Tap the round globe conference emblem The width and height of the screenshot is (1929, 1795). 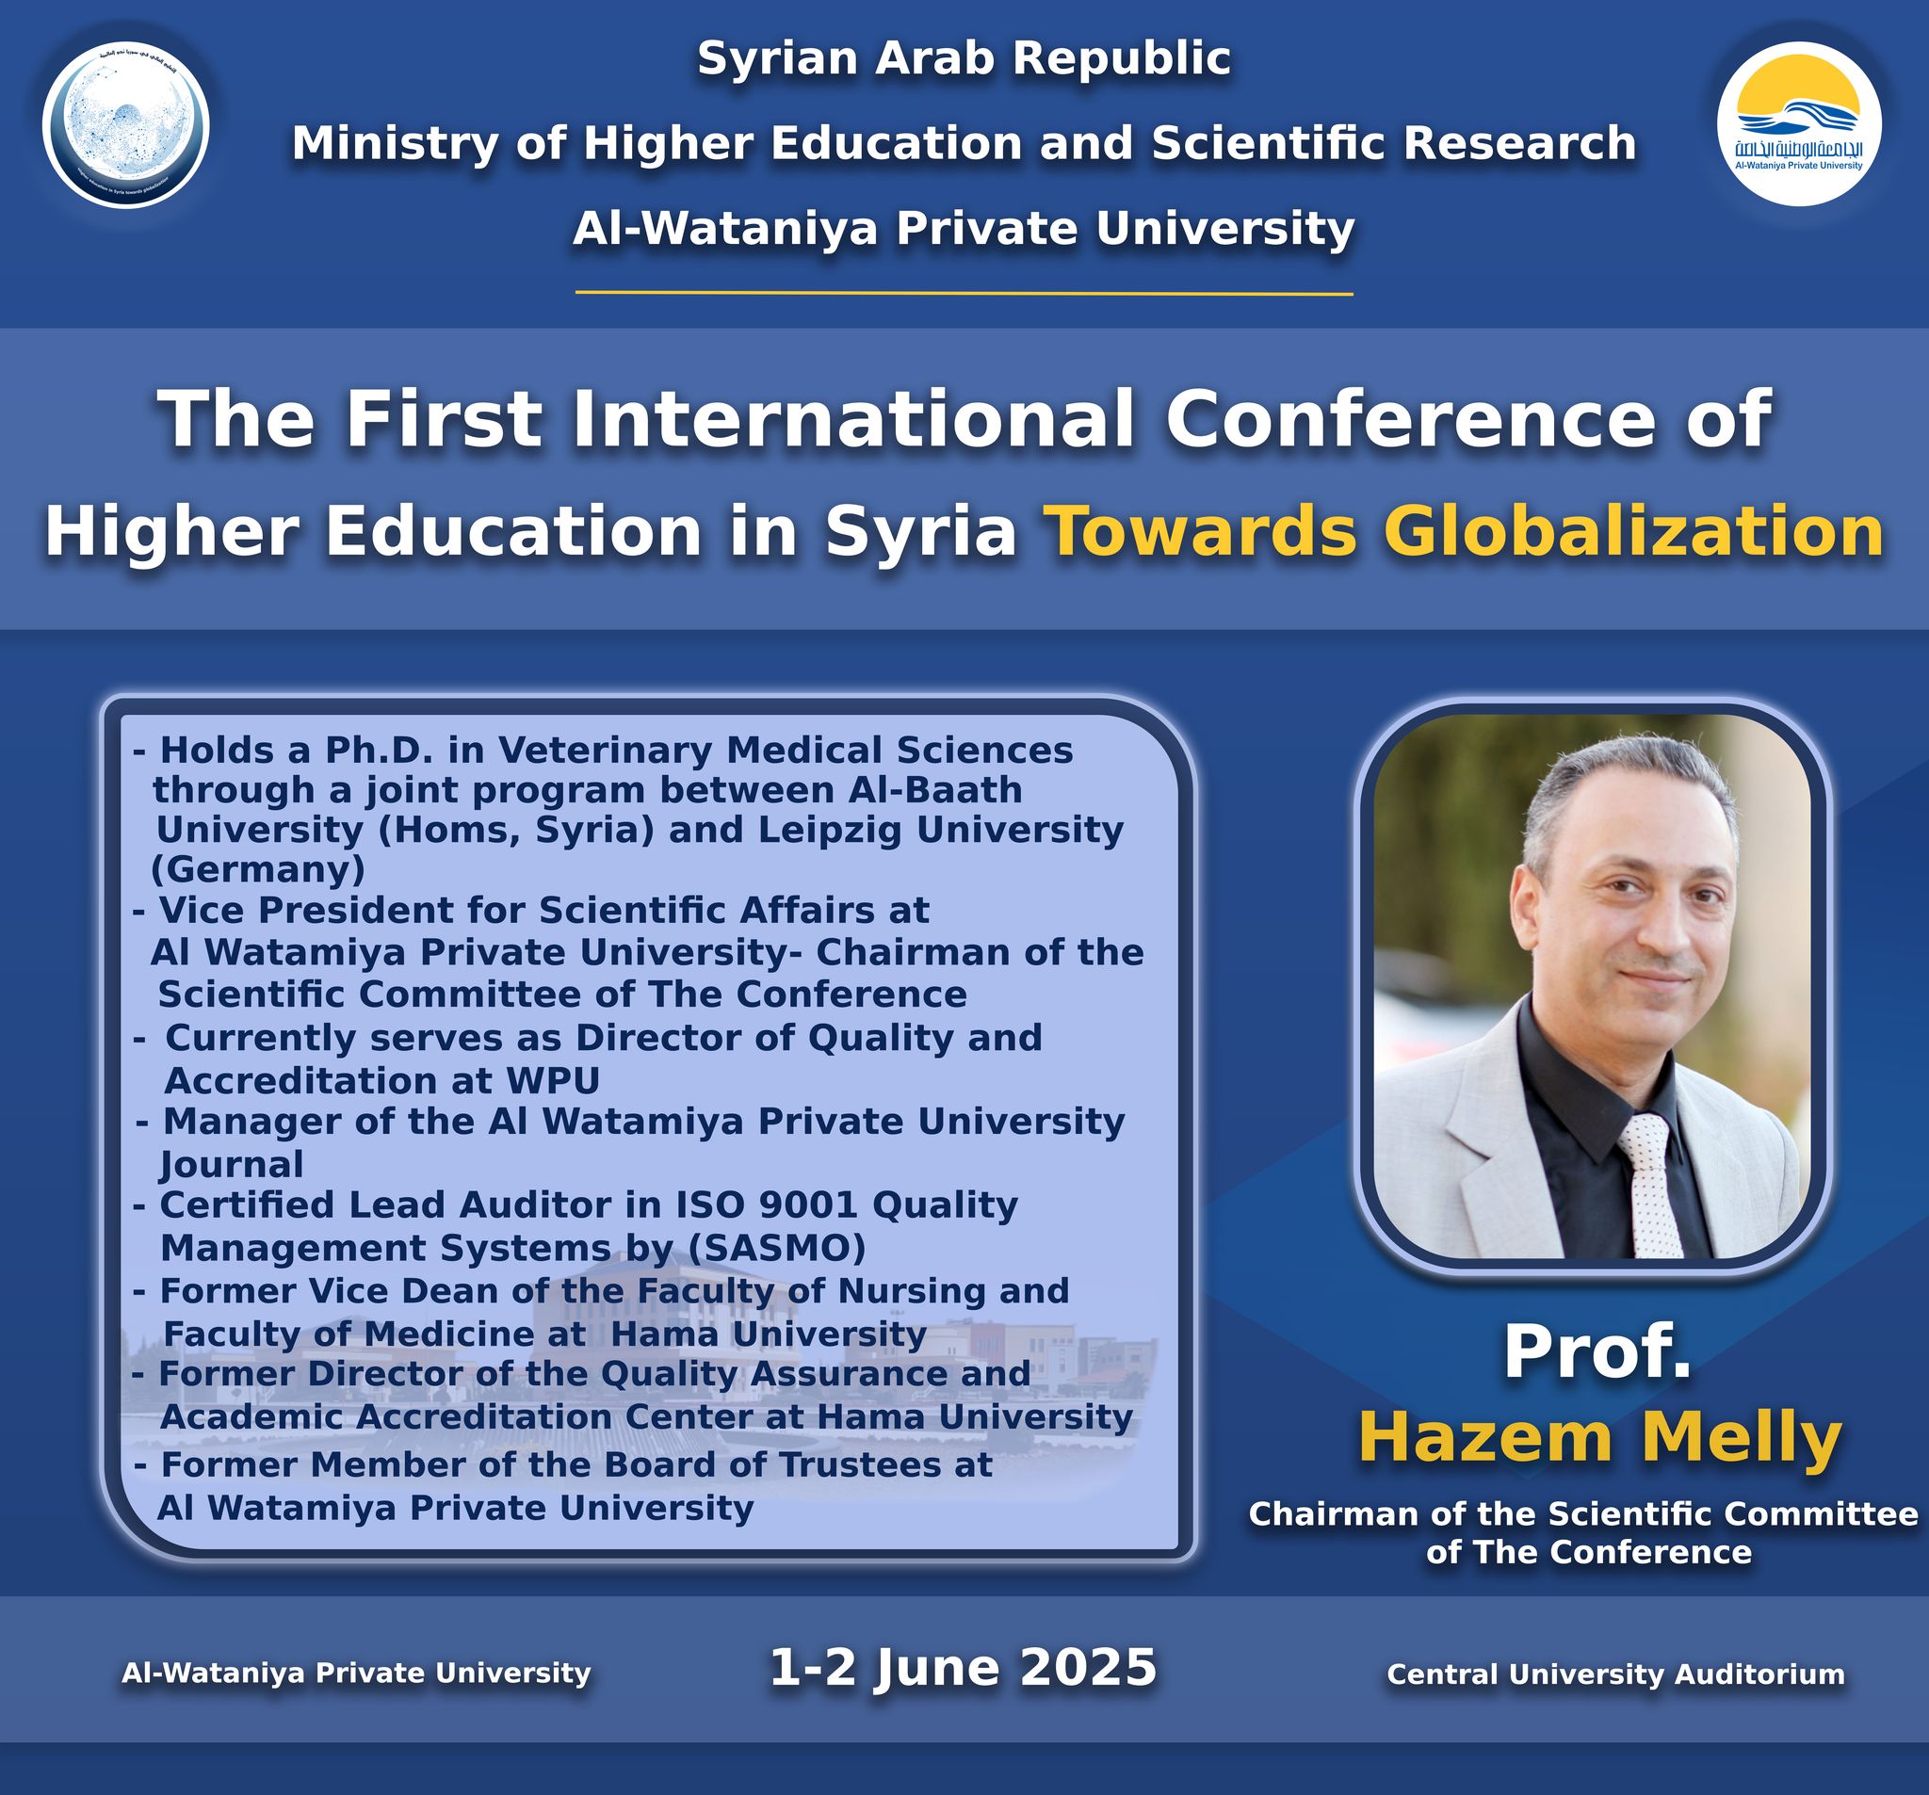[126, 125]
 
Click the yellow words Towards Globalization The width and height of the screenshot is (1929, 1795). [1468, 533]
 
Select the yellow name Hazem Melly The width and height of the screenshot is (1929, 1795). [1599, 1438]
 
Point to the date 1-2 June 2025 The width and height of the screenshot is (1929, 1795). [964, 1667]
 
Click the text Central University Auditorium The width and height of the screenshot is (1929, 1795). [1615, 1673]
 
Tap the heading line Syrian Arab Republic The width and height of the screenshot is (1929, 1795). [964, 58]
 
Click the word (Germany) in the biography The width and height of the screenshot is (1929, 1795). [259, 869]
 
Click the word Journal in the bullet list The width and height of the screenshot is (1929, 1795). [232, 1164]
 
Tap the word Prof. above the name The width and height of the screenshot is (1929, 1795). [1597, 1352]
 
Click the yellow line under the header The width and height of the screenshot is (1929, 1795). [964, 292]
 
